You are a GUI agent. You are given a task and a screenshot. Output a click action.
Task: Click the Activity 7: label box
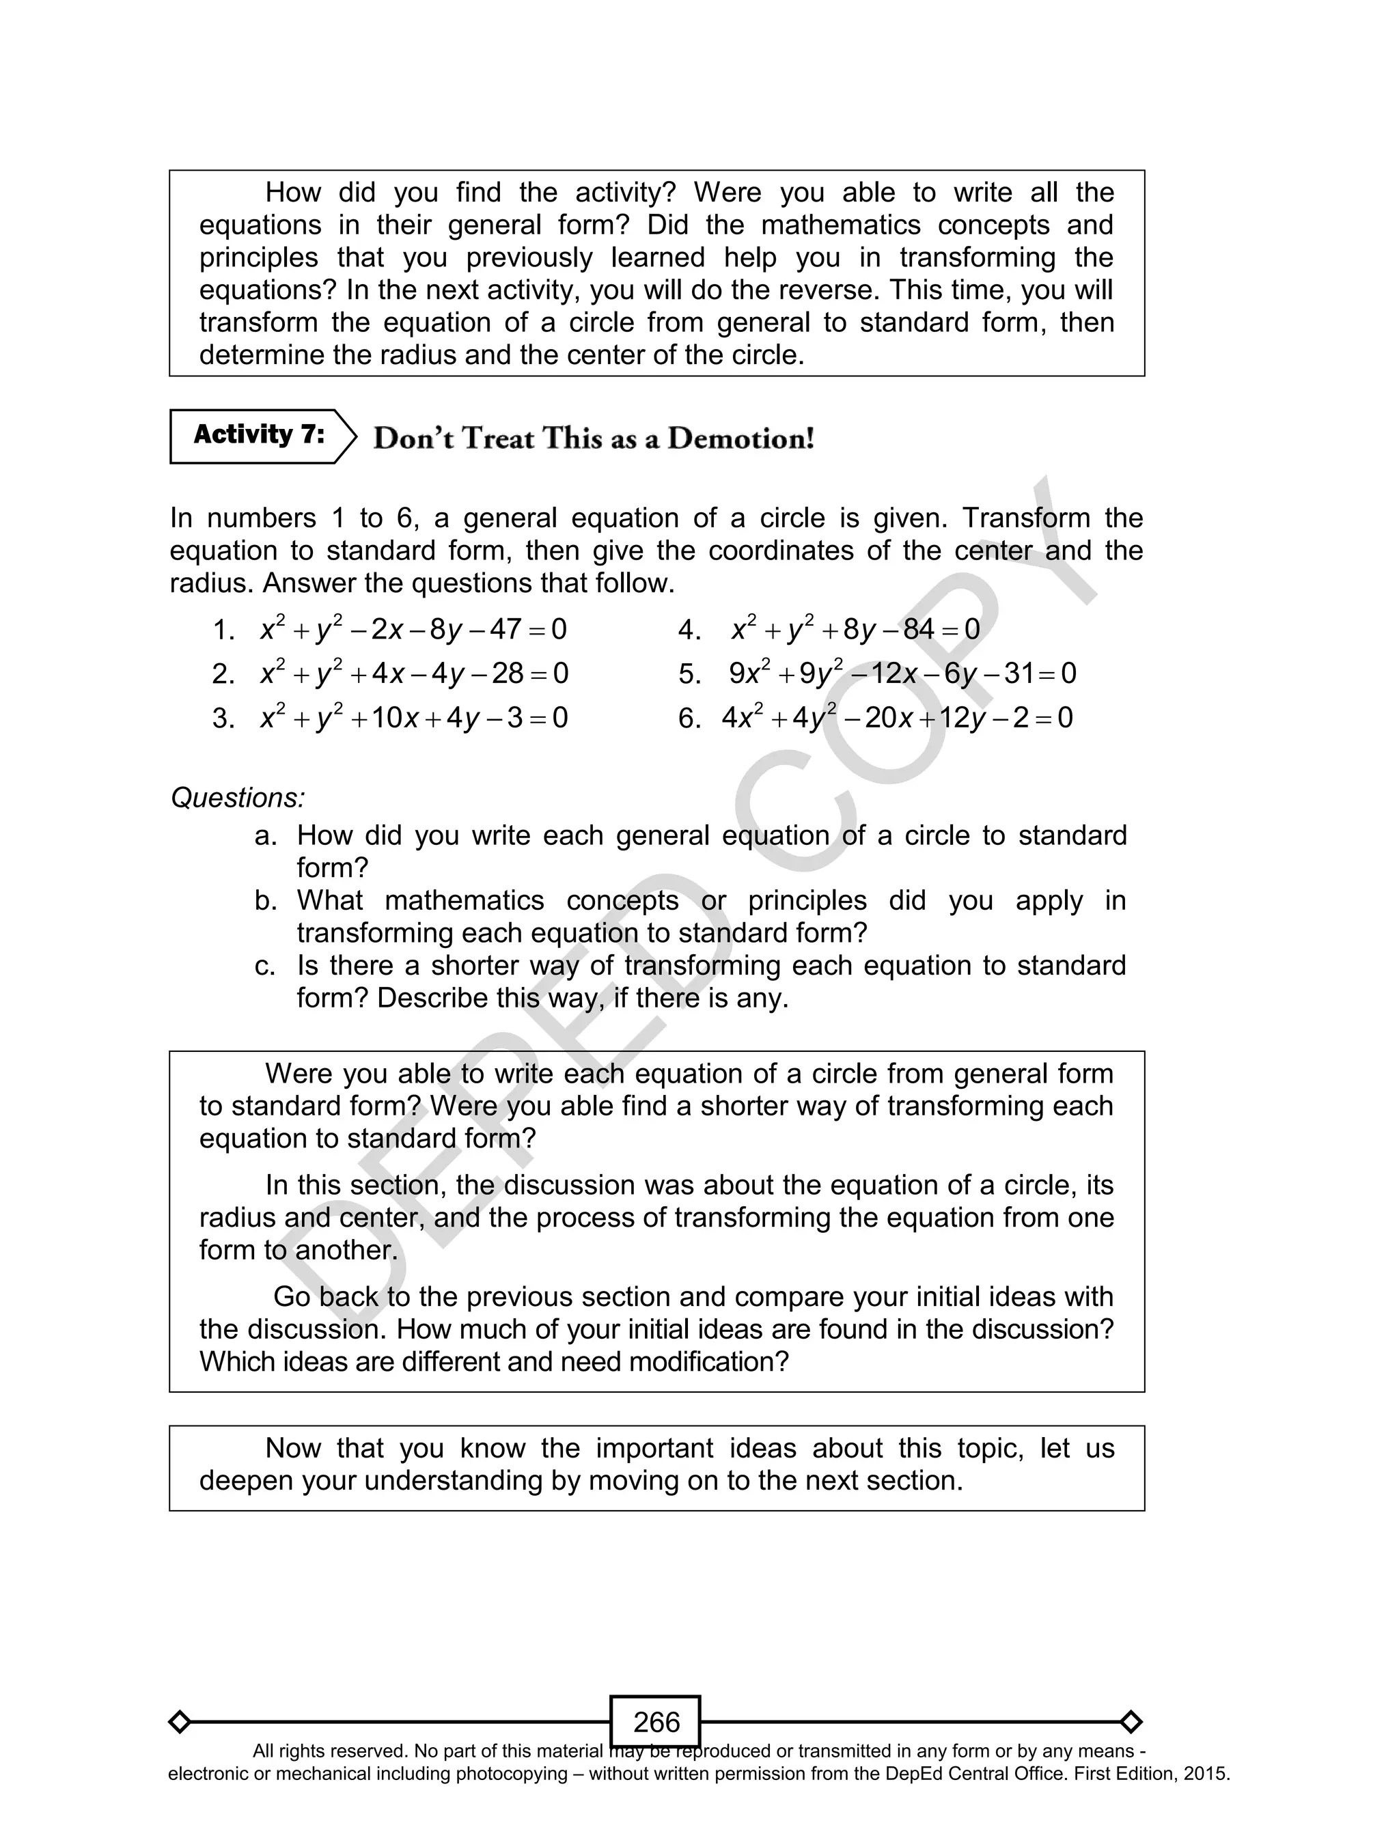click(x=259, y=435)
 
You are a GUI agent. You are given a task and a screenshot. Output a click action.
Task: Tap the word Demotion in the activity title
click(x=740, y=439)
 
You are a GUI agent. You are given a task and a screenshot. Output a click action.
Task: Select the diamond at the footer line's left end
click(x=179, y=1721)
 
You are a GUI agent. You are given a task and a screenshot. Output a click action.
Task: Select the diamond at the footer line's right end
click(x=1131, y=1721)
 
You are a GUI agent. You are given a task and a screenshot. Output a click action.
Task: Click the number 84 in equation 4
click(x=919, y=629)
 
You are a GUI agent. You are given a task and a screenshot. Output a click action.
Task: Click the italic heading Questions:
click(x=237, y=798)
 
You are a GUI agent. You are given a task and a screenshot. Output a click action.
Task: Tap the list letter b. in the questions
click(x=265, y=901)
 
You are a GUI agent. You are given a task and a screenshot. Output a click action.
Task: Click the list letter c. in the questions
click(x=265, y=966)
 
